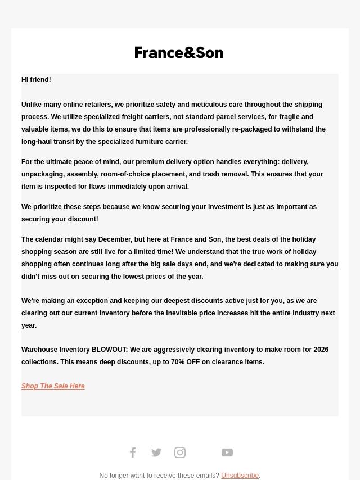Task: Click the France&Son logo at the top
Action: point(179,52)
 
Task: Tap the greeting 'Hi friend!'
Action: point(36,80)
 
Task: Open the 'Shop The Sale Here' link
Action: point(53,386)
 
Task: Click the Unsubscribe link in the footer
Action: point(240,476)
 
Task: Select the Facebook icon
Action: point(133,452)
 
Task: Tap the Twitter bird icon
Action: point(156,452)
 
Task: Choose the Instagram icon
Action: point(180,452)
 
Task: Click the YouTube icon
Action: point(227,452)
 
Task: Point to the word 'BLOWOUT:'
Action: point(110,350)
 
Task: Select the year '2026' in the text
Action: point(321,350)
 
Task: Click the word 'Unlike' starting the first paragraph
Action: point(31,105)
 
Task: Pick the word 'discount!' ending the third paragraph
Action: point(83,219)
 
